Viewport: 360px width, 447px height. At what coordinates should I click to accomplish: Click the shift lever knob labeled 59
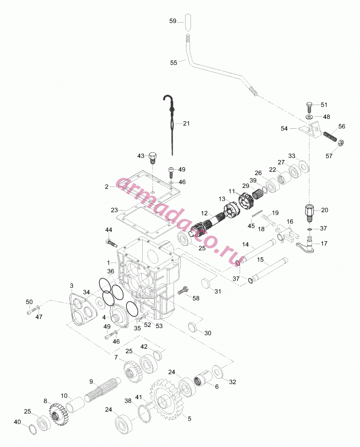(x=187, y=21)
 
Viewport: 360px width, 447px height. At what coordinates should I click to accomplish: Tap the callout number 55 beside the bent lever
(x=174, y=63)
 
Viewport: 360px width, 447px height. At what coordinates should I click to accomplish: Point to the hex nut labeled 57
(x=340, y=143)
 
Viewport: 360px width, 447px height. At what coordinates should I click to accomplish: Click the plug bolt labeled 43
(x=153, y=158)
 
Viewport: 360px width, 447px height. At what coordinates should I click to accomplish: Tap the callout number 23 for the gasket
(x=114, y=210)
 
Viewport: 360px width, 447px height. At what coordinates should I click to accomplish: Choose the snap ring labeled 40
(x=34, y=429)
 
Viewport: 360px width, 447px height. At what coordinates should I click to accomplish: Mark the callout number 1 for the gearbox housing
(x=108, y=262)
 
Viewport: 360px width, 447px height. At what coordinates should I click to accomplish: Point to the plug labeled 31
(x=206, y=283)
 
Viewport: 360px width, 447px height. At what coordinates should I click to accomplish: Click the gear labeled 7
(x=133, y=371)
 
